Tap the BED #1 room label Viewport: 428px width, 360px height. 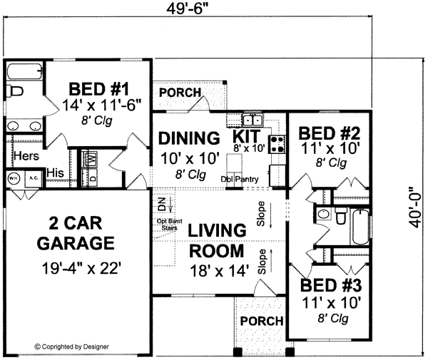point(98,90)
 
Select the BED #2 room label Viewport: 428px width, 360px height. point(328,133)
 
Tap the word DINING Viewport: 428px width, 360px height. point(188,137)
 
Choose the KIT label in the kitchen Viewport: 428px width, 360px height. point(248,135)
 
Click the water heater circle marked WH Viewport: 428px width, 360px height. point(14,178)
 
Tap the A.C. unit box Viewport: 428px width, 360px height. point(32,178)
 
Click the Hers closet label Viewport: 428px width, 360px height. point(26,156)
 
